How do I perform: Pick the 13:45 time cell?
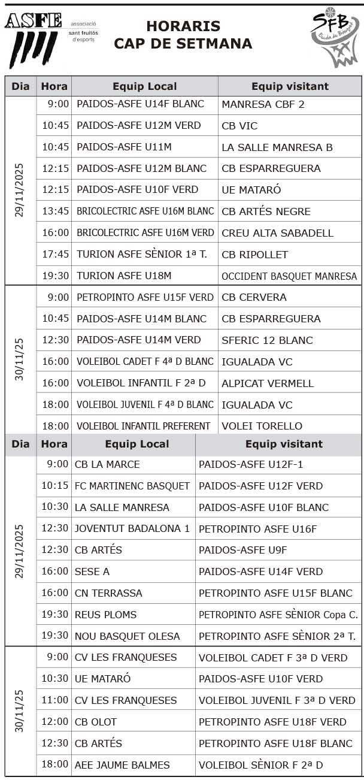coord(56,211)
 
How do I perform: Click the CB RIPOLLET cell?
coord(254,255)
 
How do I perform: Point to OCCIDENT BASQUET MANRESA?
coord(289,276)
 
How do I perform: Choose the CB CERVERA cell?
coord(254,297)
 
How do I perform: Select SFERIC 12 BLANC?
coord(267,340)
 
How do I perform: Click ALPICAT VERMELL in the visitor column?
coord(268,383)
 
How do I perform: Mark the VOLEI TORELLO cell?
coord(262,427)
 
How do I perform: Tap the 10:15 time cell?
coord(55,486)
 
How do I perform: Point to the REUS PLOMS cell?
coord(105,615)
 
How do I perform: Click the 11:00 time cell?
coord(55,700)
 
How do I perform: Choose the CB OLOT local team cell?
coord(96,722)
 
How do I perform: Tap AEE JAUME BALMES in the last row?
coord(122,765)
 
